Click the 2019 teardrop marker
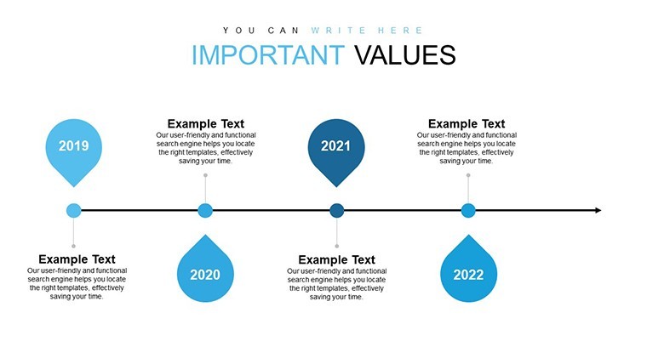[73, 151]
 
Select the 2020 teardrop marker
[205, 270]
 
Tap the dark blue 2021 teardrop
[336, 151]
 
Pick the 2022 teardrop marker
[468, 270]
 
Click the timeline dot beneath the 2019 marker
[73, 211]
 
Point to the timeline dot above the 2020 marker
[205, 211]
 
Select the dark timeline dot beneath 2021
[337, 211]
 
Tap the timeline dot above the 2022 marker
[468, 211]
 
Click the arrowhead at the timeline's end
[598, 211]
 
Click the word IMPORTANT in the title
[268, 54]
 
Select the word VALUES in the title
[405, 54]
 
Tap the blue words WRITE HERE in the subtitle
[367, 31]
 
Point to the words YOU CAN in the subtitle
[261, 31]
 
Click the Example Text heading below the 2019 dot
[77, 259]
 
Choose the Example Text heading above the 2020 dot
[205, 123]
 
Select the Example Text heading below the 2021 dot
[337, 259]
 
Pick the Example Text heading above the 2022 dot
[467, 123]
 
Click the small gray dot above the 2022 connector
[468, 175]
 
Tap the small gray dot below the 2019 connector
[73, 246]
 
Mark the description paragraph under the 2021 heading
[337, 284]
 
